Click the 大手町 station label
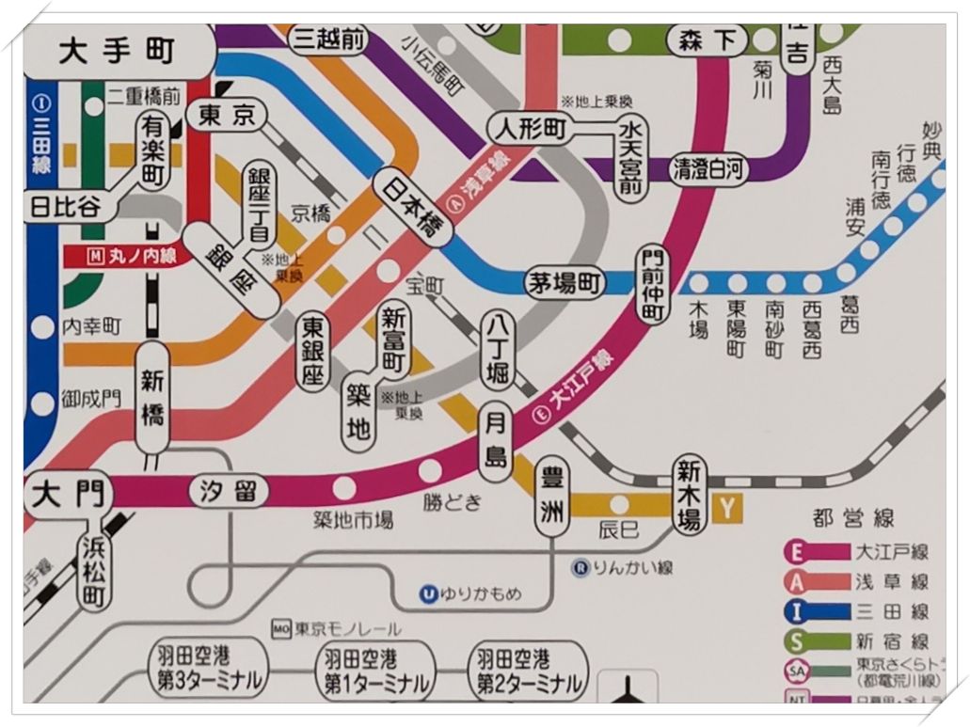118,52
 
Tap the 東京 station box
226,115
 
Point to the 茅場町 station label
565,282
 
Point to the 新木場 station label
690,496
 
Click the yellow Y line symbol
727,508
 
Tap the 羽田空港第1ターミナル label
374,670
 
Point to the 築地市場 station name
353,520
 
